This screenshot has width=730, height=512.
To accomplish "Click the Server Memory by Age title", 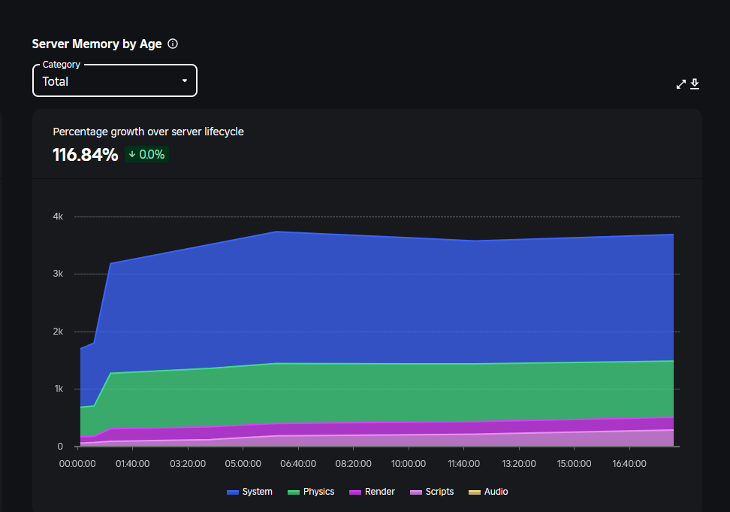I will click(97, 44).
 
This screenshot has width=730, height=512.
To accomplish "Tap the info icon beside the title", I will click(173, 44).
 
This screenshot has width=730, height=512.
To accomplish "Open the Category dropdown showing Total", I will click(114, 81).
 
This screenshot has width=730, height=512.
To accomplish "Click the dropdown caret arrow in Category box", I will click(185, 81).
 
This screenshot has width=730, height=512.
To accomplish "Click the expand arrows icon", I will click(681, 84).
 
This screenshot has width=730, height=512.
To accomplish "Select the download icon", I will click(695, 84).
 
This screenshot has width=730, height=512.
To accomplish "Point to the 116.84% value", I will click(85, 155).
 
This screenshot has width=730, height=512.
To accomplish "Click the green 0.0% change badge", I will click(147, 155).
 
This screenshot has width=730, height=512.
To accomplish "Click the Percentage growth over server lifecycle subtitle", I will click(148, 132).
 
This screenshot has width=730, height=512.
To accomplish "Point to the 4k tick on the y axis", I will click(58, 217).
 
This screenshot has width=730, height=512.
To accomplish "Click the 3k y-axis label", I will click(58, 274).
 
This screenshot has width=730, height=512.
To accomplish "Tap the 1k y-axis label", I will click(58, 389).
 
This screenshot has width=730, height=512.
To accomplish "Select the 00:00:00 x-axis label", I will click(77, 464).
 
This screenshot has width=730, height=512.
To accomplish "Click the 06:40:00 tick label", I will click(298, 464).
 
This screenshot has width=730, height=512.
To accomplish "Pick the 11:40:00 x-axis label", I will click(463, 464).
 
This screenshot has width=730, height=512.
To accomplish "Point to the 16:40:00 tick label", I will click(629, 464).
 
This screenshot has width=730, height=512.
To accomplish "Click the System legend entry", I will click(250, 492).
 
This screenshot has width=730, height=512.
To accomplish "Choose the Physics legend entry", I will click(311, 492).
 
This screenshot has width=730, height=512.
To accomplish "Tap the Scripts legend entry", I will click(432, 492).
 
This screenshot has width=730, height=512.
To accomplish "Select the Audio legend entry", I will click(488, 492).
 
